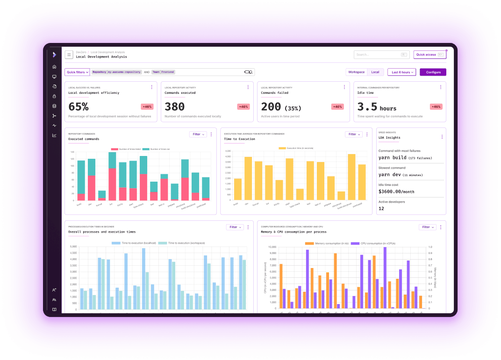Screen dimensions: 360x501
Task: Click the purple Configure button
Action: tap(433, 72)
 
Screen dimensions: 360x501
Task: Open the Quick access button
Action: tap(429, 55)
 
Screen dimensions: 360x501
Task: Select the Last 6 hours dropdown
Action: tap(401, 72)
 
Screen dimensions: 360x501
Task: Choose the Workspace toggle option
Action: tap(356, 72)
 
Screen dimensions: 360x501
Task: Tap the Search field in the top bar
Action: tap(381, 55)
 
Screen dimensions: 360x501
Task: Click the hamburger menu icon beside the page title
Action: tap(69, 55)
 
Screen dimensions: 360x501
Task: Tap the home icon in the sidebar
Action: tap(55, 67)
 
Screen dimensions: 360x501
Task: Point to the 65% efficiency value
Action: tap(79, 106)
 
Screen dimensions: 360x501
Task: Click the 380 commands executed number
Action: tap(174, 106)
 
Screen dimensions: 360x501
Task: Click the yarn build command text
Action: tap(393, 158)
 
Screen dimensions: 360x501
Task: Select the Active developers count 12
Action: tap(381, 208)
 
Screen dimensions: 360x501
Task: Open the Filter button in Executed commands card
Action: tap(198, 134)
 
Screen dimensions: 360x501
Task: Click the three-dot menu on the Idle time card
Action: tap(440, 87)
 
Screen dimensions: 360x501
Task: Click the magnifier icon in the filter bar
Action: tap(249, 72)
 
